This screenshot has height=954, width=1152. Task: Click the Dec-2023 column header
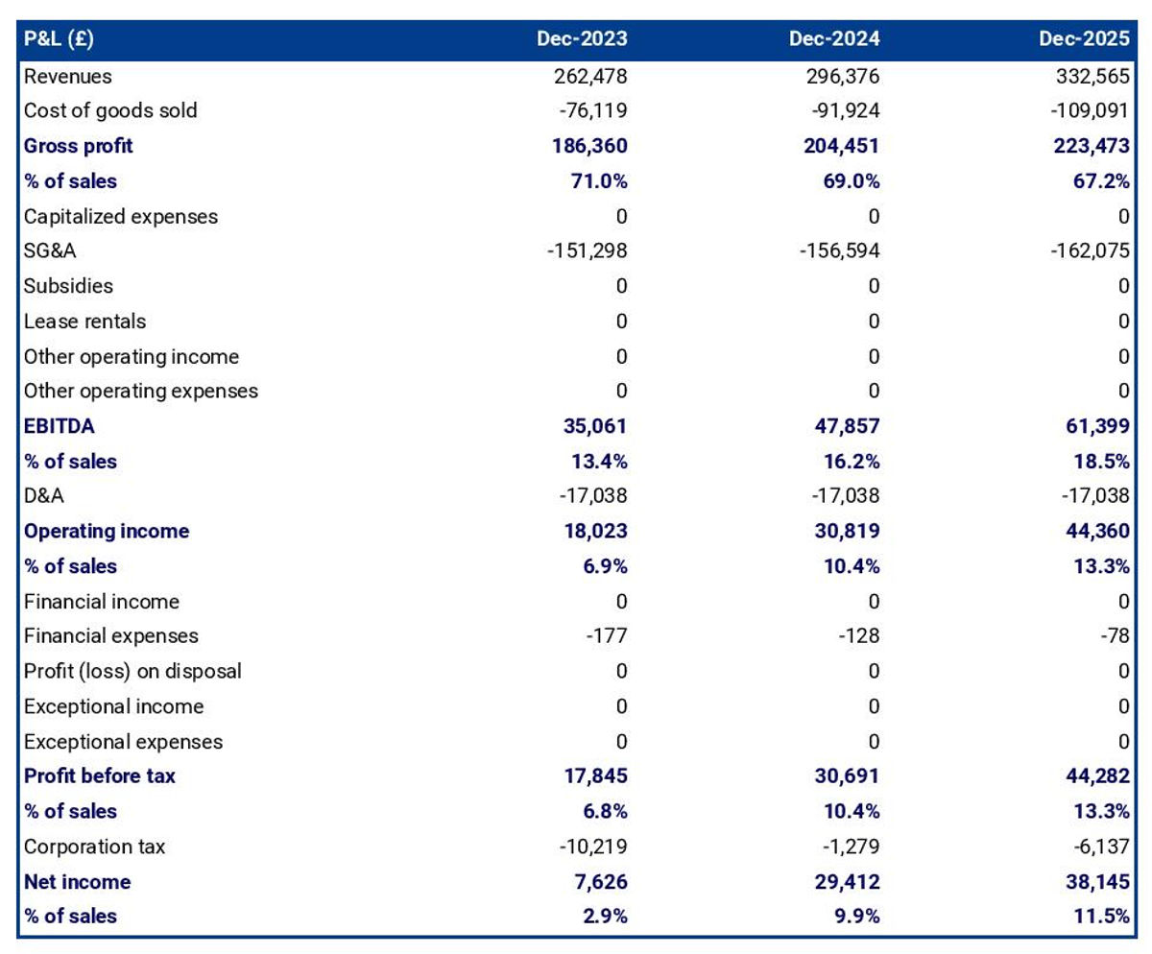582,39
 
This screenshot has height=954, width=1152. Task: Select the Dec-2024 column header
833,39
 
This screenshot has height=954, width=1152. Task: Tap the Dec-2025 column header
1083,39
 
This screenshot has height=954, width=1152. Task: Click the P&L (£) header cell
59,39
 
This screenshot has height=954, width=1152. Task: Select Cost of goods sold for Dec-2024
845,110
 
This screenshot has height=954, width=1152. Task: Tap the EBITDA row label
60,426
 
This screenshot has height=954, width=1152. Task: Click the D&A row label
45,496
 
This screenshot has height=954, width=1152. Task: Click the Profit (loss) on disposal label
132,671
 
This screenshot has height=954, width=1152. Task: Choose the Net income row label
77,881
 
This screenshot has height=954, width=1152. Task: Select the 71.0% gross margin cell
601,180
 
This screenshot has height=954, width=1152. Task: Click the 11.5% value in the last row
1102,916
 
